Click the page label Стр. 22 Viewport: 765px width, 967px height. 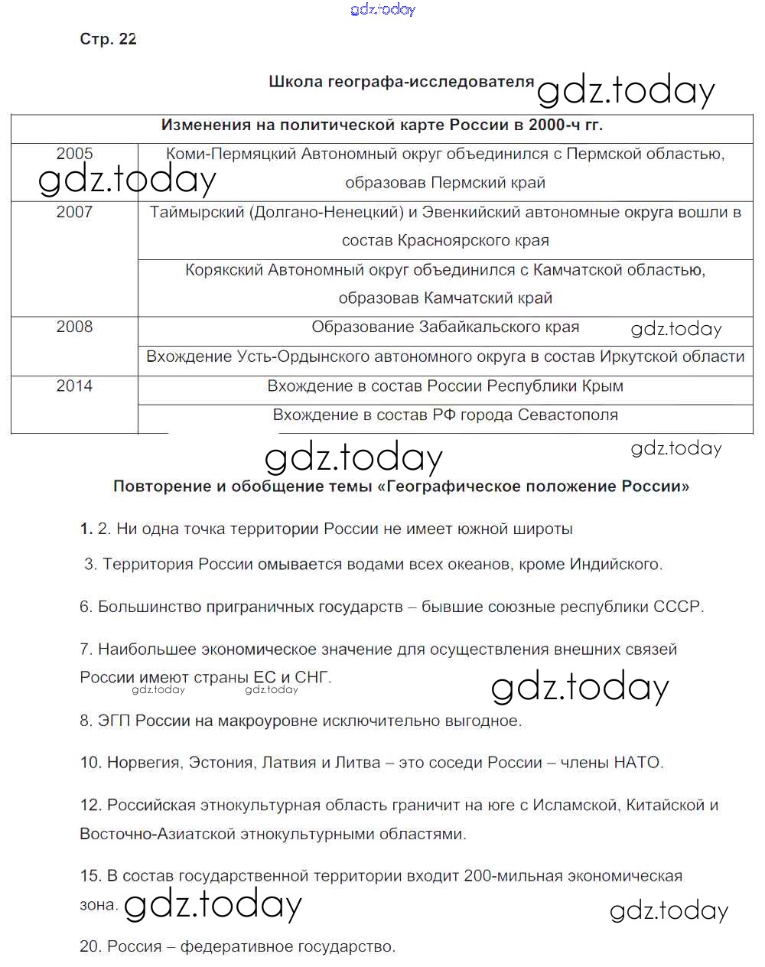[x=108, y=39]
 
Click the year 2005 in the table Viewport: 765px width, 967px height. [x=74, y=154]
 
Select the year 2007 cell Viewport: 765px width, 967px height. [x=74, y=212]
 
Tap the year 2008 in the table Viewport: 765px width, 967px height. [x=74, y=327]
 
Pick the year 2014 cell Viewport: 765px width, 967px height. [x=74, y=386]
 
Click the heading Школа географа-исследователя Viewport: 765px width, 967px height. [x=401, y=82]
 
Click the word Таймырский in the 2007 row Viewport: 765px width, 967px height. [x=195, y=212]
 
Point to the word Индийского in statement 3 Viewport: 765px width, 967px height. [x=614, y=565]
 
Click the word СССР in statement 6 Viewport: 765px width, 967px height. [x=677, y=607]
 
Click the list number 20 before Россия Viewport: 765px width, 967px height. [x=90, y=947]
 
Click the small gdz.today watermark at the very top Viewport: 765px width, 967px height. [x=382, y=10]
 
